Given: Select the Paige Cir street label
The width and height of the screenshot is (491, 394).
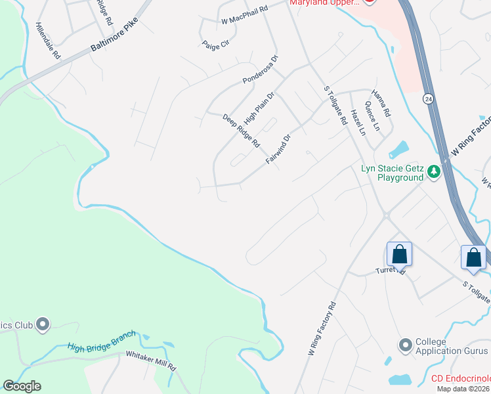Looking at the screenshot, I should (215, 44).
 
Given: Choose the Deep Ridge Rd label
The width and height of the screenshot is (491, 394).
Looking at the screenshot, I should (241, 131).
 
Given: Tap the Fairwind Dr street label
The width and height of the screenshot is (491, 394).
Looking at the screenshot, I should (278, 150).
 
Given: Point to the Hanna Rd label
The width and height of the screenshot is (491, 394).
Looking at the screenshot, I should (381, 103).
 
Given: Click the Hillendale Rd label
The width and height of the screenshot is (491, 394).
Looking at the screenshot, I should (48, 43).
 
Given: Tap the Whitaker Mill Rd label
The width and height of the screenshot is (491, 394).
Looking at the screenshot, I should (152, 361).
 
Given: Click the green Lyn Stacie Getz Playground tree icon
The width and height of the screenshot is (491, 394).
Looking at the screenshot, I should (433, 172).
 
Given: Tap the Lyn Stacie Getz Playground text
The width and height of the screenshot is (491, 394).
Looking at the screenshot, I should (393, 173).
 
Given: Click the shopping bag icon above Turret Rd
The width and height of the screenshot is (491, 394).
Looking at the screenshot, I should (398, 254).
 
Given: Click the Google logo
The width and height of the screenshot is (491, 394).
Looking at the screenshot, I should (22, 386).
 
